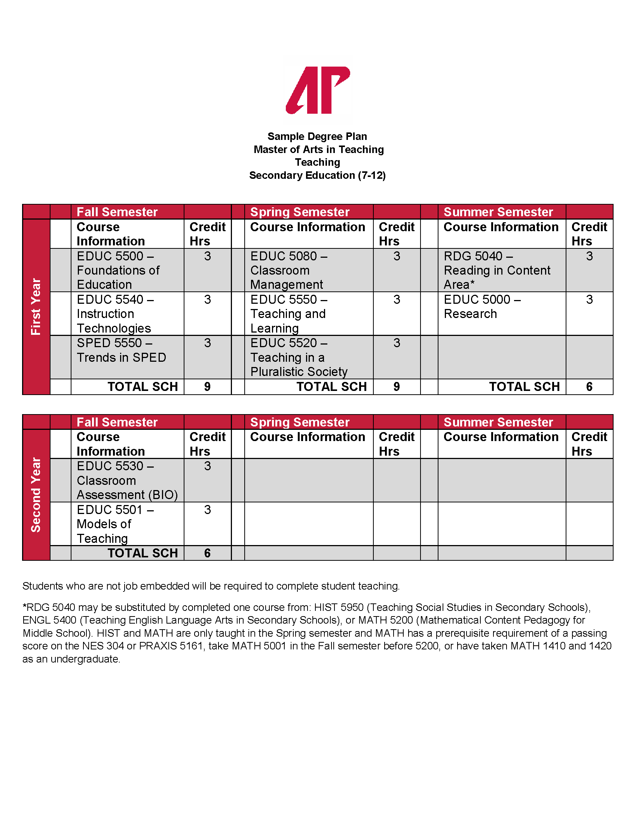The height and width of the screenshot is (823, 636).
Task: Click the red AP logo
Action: coord(318,90)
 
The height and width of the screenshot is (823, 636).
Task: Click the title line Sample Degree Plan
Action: coord(317,137)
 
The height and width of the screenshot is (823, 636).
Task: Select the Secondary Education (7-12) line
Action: coord(317,175)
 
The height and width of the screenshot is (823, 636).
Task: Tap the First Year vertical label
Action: coord(36,306)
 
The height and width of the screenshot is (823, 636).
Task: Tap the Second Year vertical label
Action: coord(36,495)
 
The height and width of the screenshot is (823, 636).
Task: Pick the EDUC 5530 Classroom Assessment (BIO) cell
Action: coord(127,480)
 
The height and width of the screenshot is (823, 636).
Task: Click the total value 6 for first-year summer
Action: coord(589,387)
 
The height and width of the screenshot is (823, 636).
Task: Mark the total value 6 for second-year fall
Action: coord(207,553)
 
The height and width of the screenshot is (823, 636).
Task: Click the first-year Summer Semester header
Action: coord(498,212)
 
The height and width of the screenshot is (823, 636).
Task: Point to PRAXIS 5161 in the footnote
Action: coord(171,646)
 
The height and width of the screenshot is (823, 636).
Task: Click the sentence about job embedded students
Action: coord(211,586)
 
